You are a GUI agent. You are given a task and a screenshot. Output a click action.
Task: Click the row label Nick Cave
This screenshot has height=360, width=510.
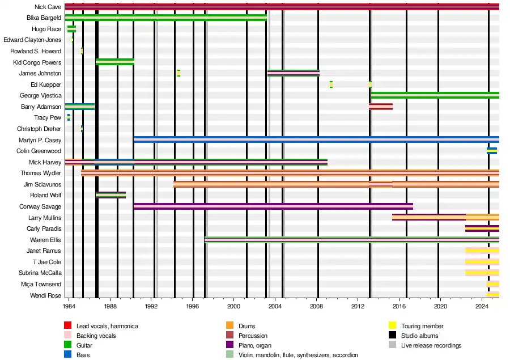coord(48,7)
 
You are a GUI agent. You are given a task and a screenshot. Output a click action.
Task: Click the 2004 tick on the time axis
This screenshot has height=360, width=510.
coord(275,306)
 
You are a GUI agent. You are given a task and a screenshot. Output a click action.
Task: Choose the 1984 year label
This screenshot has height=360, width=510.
coord(69,306)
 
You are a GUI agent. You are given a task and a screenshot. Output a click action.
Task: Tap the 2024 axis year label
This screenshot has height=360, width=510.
coord(482,306)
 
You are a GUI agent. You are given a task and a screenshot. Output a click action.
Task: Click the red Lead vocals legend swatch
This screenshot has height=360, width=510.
coord(67,326)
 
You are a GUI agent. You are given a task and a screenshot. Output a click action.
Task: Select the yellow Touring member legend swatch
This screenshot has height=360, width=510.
coord(392,326)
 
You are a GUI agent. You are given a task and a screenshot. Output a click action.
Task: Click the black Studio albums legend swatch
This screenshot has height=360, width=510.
coord(392,336)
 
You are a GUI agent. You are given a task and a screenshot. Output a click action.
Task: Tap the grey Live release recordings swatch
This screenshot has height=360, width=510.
coord(392,345)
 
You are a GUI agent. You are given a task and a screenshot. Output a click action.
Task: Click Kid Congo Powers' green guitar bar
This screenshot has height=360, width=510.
coord(115,62)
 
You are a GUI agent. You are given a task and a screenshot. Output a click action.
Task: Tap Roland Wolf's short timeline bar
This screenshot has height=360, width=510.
coord(110,195)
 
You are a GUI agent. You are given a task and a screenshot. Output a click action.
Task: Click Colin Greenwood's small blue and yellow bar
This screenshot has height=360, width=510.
coord(491,151)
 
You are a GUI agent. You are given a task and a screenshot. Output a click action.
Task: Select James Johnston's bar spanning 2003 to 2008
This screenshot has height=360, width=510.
coord(293,73)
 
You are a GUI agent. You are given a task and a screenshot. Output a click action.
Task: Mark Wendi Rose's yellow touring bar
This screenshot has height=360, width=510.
coord(492,295)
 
